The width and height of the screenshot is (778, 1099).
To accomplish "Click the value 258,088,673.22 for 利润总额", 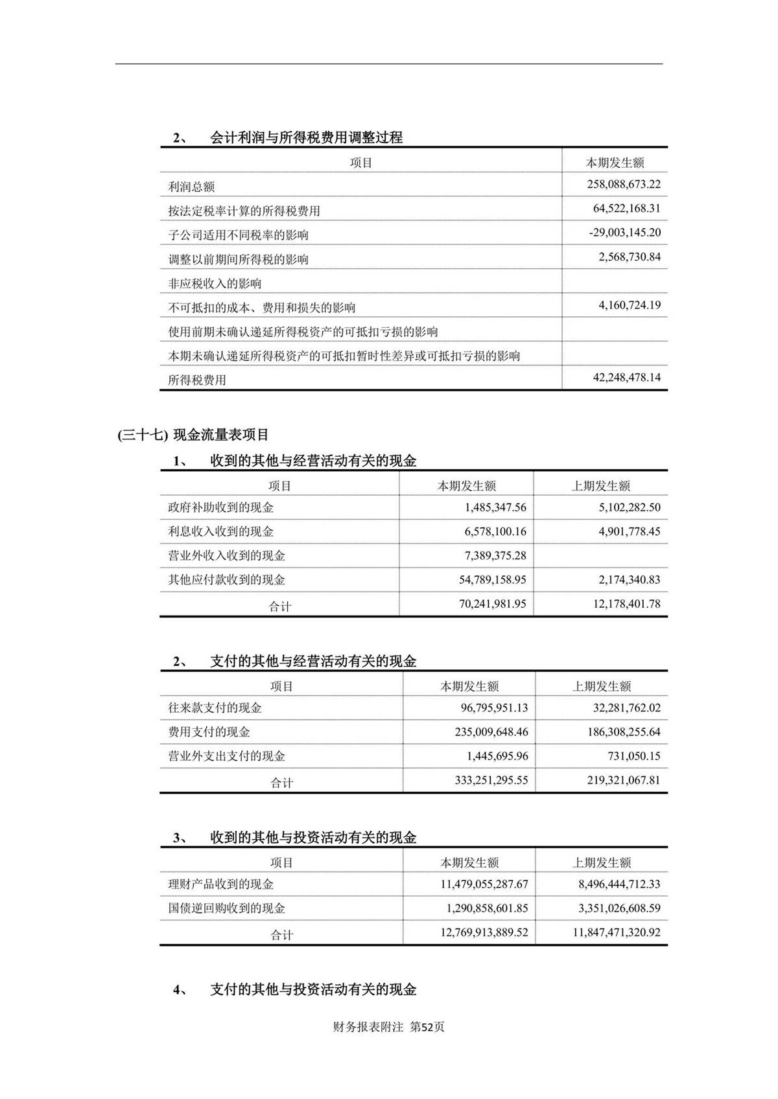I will pos(624,185).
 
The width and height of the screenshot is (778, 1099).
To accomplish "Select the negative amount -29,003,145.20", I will pos(625,233).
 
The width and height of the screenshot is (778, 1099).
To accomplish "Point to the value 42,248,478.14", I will pos(626,377).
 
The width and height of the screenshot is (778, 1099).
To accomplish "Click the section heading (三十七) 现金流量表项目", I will pos(193,435).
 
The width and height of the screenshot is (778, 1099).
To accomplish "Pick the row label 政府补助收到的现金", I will pos(220,507).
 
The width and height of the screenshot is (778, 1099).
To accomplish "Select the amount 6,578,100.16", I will pos(495,531).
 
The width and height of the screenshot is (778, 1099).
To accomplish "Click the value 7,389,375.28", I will pos(495,555).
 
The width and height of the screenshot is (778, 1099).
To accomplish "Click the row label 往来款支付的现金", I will pos(215,708).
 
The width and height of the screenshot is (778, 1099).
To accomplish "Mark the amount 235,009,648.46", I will pos(491,732).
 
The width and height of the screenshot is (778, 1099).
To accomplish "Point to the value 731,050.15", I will pos(635,756).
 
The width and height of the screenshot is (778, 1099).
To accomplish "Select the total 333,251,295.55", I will pos(491,780).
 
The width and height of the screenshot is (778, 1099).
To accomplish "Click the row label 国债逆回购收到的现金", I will pos(226,908).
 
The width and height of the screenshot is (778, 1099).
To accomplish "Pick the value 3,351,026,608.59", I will pos(619,908).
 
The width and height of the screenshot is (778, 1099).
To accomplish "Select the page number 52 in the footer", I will pos(427,1027).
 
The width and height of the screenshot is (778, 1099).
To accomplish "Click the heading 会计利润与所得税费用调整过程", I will pos(306,137).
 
